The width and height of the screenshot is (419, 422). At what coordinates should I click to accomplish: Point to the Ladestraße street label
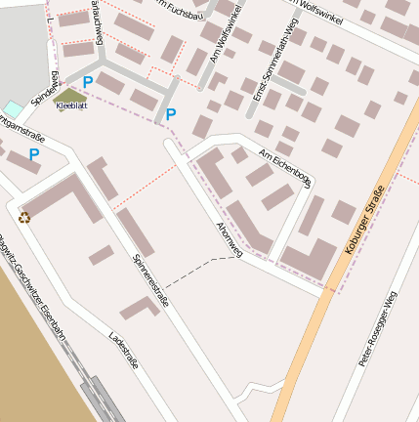[124, 350]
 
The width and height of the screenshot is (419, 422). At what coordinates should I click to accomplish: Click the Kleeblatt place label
[71, 105]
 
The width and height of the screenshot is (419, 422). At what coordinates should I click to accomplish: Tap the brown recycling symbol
[24, 217]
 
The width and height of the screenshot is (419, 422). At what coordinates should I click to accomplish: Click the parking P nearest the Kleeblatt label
[88, 83]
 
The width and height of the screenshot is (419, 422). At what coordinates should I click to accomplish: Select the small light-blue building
[12, 107]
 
